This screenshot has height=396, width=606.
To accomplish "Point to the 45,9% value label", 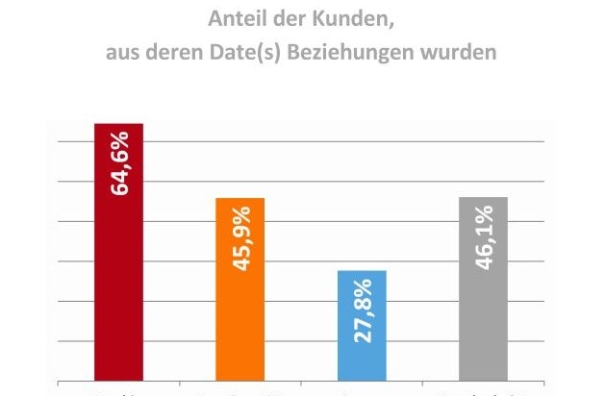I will (240, 236).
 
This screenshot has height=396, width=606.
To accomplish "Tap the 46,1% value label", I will (484, 235).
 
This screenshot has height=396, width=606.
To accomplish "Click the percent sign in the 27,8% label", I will (363, 290).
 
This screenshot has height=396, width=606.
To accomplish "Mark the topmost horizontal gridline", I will (317, 141).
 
